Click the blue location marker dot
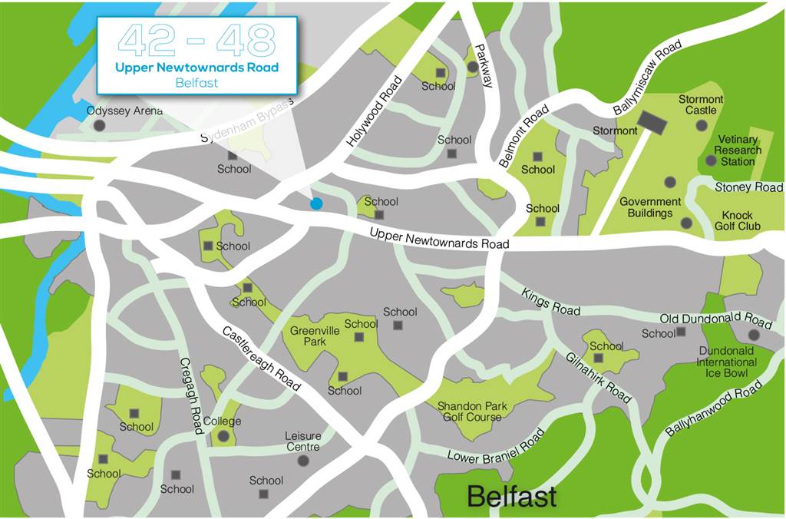tap(315, 203)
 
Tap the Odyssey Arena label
tap(124, 111)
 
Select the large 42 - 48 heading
tap(196, 40)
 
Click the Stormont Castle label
tap(701, 104)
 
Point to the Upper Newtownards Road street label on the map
tap(439, 238)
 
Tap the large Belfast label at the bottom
tap(512, 496)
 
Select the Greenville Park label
tap(309, 336)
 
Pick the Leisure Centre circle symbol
tap(303, 461)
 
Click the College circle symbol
tap(223, 436)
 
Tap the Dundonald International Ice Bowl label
tap(727, 362)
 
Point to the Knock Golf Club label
tap(736, 220)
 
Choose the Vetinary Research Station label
tap(738, 150)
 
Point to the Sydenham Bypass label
tap(246, 121)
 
